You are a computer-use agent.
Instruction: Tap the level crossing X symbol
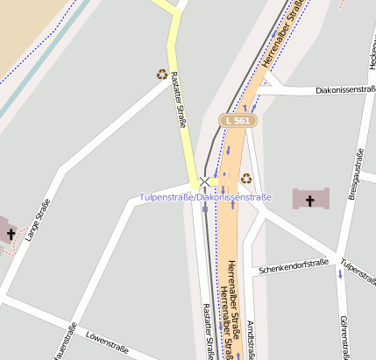coord(205,181)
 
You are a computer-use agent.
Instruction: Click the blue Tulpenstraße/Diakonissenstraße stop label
coord(205,197)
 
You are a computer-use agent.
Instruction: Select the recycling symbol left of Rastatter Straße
coord(162,74)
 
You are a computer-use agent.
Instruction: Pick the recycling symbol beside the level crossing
coord(246,178)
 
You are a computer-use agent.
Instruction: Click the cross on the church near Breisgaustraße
coord(309,201)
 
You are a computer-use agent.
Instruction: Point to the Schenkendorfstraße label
coord(294,265)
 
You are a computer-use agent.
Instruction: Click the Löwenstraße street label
coord(107,343)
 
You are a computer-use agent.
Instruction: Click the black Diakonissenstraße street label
coord(327,89)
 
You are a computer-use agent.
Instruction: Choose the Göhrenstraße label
coord(344,338)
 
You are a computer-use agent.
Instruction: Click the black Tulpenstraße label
coord(358,272)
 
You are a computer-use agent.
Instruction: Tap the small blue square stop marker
coord(205,208)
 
